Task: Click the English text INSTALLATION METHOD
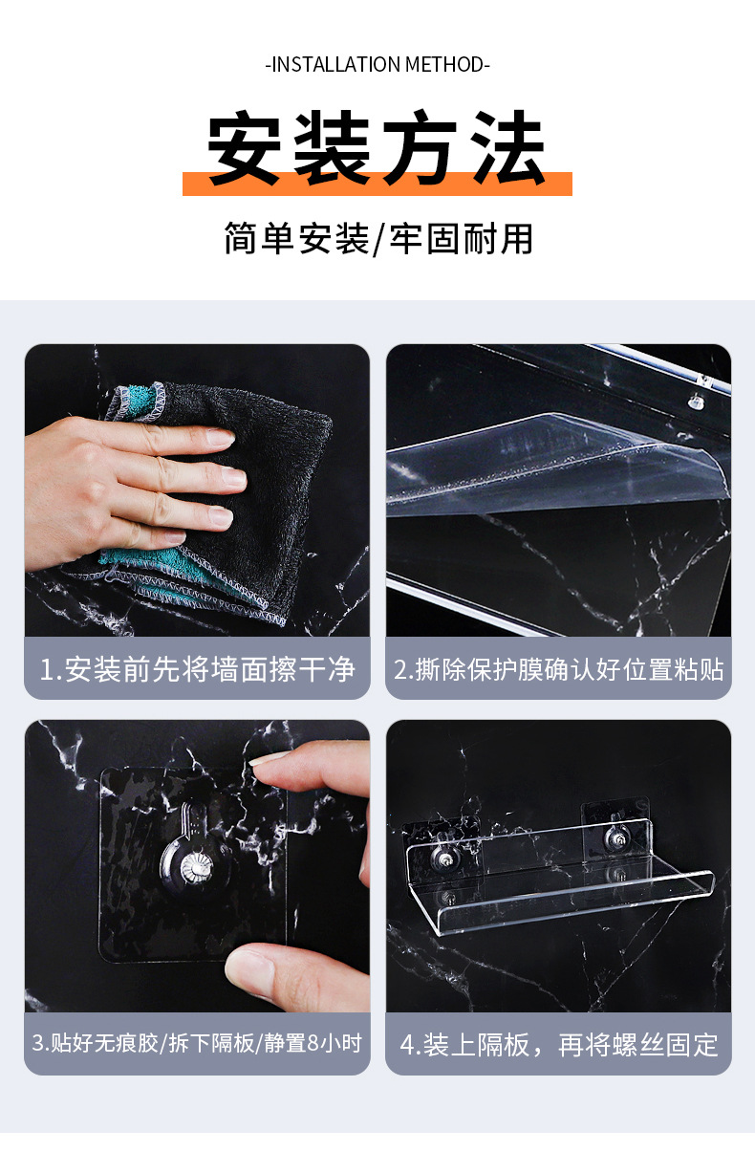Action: (x=377, y=65)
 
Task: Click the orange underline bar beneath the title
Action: (x=377, y=185)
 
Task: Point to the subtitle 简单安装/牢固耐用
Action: (x=377, y=238)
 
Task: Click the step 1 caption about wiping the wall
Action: (x=197, y=668)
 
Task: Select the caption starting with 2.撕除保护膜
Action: (x=559, y=668)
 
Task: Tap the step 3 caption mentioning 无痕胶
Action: (x=197, y=1042)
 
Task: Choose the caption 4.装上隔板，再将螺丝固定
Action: (x=559, y=1044)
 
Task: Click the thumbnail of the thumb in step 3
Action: (x=250, y=966)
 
